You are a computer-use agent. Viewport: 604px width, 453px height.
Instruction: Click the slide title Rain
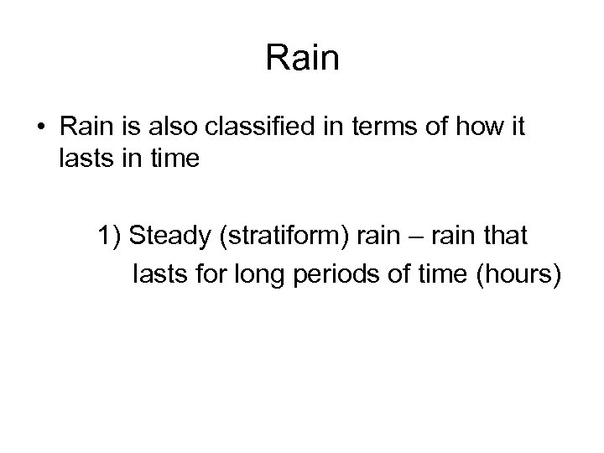pyautogui.click(x=302, y=58)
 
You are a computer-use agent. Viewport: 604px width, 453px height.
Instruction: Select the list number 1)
pyautogui.click(x=111, y=237)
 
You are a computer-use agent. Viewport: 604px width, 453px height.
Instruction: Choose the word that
pyautogui.click(x=502, y=237)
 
